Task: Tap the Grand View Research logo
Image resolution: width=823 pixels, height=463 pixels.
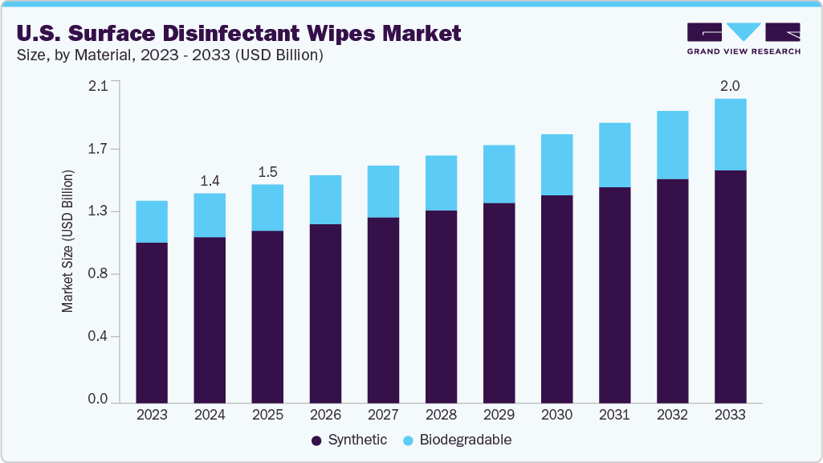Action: click(744, 39)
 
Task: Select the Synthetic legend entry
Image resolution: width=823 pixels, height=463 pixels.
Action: click(349, 440)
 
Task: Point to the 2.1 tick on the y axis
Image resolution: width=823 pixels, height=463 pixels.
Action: click(98, 86)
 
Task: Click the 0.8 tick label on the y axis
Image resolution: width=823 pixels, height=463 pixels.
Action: click(98, 274)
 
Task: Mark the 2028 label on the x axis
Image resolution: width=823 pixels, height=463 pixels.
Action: click(441, 415)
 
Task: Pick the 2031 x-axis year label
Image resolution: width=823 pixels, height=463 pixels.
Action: click(614, 415)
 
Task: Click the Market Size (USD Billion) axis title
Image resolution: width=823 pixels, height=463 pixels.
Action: click(68, 242)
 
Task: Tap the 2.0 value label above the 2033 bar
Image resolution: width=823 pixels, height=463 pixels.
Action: click(730, 85)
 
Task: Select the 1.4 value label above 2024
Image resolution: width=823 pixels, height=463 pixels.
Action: click(210, 180)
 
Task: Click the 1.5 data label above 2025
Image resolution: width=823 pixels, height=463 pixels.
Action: click(267, 171)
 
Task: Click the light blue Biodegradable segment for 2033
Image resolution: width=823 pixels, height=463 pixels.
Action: click(730, 134)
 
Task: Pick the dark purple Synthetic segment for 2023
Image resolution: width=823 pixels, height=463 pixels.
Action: click(152, 322)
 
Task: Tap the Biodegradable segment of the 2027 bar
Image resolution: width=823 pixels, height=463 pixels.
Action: click(383, 191)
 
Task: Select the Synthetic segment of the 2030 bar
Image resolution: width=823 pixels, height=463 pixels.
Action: click(556, 298)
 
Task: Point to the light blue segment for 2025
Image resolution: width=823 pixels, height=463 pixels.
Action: click(267, 207)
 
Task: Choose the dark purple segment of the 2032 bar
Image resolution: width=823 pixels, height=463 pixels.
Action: click(672, 290)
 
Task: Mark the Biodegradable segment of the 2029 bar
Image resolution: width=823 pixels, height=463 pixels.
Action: click(499, 174)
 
